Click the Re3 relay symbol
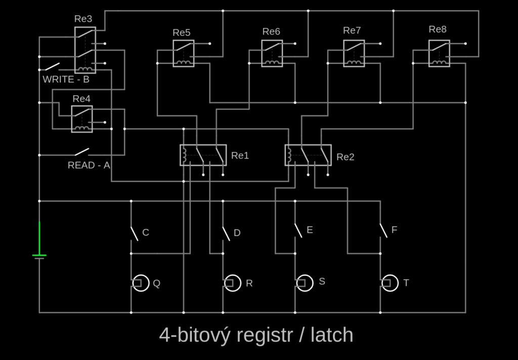[84, 50]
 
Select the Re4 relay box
[81, 119]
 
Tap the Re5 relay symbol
[183, 53]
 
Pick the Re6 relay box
[272, 53]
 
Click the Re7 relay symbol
[354, 53]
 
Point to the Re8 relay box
[439, 53]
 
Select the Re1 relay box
[203, 155]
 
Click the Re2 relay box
[308, 155]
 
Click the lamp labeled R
[232, 283]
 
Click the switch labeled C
[134, 233]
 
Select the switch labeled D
[226, 233]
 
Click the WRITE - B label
[66, 79]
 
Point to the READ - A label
[89, 165]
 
